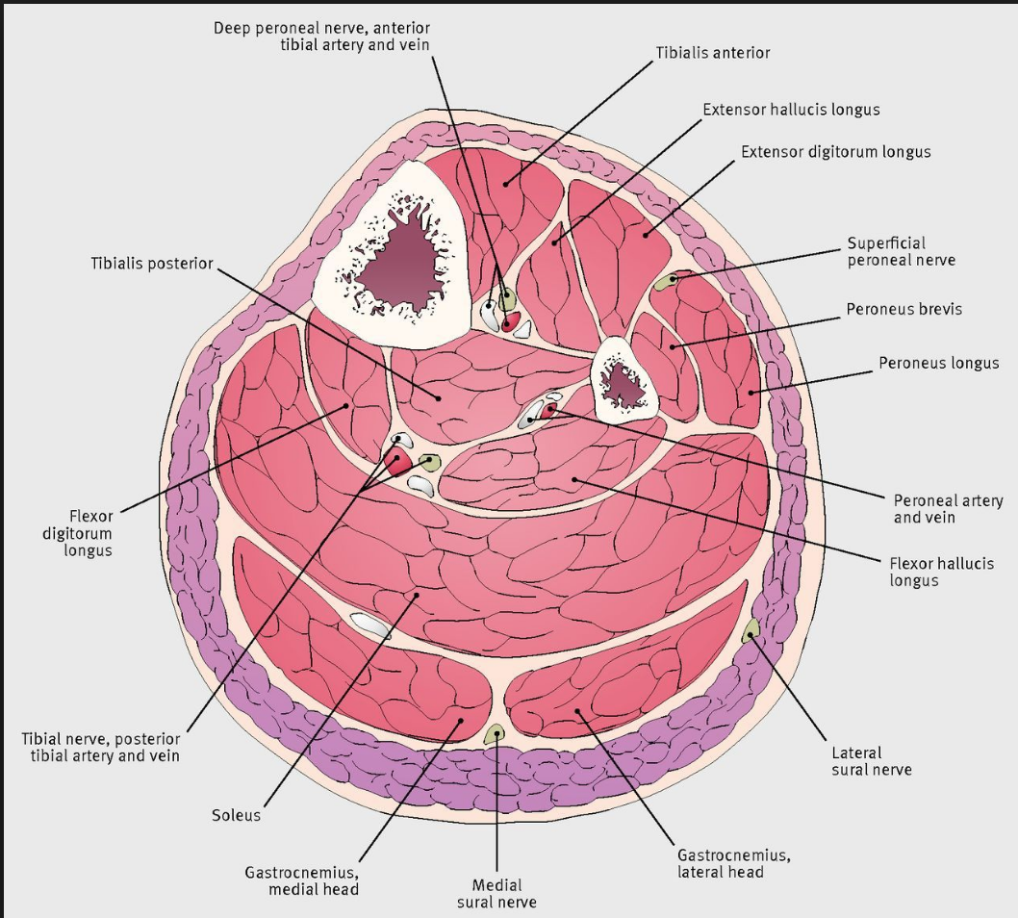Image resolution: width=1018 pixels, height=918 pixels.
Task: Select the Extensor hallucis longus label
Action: tap(791, 110)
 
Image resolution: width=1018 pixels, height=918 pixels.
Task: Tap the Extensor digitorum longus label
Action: tap(835, 152)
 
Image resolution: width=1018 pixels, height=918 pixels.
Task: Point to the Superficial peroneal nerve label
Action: tap(901, 252)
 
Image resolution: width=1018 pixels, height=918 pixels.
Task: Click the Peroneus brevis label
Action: tap(903, 310)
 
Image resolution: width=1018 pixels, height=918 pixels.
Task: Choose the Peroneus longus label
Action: tap(938, 364)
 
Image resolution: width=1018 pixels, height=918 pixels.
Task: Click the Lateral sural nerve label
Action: tap(871, 761)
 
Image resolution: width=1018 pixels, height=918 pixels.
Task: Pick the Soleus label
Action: tap(236, 816)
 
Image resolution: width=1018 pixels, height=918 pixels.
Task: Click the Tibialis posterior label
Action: tap(152, 264)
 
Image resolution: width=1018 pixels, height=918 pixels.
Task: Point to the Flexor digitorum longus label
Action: tap(90, 533)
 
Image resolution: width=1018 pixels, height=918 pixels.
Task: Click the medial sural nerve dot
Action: tap(496, 735)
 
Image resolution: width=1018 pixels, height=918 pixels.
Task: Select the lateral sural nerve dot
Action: tap(751, 630)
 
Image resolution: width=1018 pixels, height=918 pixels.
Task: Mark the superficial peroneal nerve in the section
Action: tap(666, 281)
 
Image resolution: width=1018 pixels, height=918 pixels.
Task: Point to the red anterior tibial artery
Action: tap(510, 320)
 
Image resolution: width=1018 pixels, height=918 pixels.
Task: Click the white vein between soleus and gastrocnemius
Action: tap(370, 625)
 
